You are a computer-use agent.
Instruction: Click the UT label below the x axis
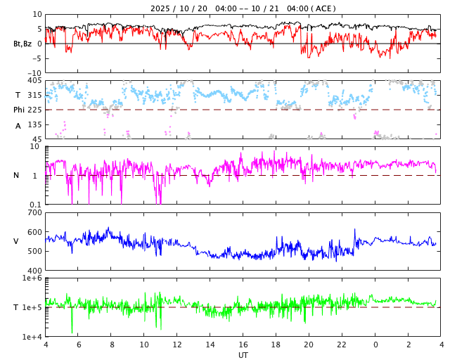[x=243, y=355]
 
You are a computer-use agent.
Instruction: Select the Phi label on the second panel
[x=19, y=110]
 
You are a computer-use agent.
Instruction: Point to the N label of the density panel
[x=16, y=175]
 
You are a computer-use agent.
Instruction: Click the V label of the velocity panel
[x=16, y=241]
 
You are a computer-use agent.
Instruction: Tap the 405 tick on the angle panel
[x=34, y=81]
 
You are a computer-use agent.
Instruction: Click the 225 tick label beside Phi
[x=34, y=110]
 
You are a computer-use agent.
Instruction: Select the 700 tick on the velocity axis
[x=34, y=212]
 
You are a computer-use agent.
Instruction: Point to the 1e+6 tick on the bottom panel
[x=32, y=278]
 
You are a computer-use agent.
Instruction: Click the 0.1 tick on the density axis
[x=34, y=205]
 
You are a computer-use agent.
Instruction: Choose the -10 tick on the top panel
[x=34, y=72]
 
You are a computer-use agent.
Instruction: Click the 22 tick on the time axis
[x=342, y=345]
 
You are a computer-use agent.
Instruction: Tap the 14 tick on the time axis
[x=210, y=345]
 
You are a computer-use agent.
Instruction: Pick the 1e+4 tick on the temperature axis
[x=32, y=337]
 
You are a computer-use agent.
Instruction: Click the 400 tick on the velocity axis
[x=34, y=271]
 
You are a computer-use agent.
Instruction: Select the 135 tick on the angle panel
[x=34, y=124]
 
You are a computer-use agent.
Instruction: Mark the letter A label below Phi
[x=18, y=126]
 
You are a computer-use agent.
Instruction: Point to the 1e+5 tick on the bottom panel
[x=32, y=307]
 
